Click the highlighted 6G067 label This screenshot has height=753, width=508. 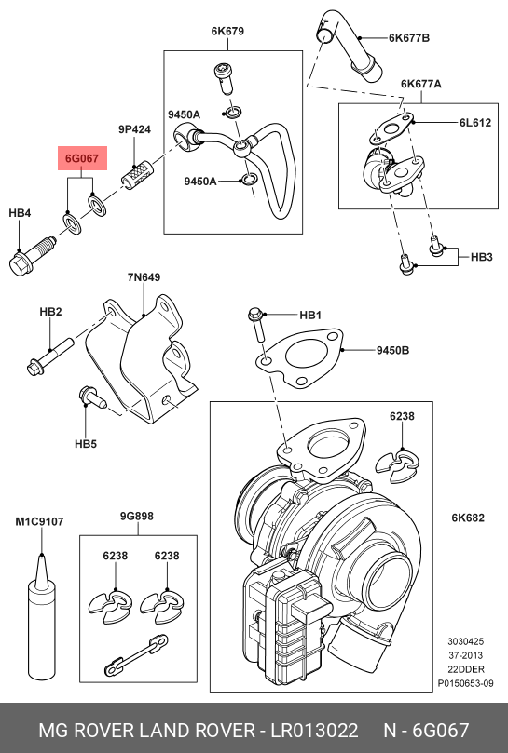pos(82,158)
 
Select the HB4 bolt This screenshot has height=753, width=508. pos(34,257)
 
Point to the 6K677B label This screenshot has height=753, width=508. pos(409,38)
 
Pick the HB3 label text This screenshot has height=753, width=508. pos(481,257)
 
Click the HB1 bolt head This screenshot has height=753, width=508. pos(254,315)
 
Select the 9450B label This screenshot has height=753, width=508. pos(392,351)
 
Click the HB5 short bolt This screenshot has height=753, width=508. pos(92,397)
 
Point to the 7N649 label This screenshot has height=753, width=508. pos(144,277)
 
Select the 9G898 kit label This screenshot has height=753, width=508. pos(137,517)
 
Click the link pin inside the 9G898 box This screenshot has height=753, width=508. pos(137,655)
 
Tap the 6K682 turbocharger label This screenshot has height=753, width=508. pos(468,518)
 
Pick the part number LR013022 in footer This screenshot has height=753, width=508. pos(315,731)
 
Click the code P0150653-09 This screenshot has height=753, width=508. pos(465,683)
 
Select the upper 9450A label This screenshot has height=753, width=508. pos(184,114)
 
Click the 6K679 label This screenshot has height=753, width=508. pos(227,32)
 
